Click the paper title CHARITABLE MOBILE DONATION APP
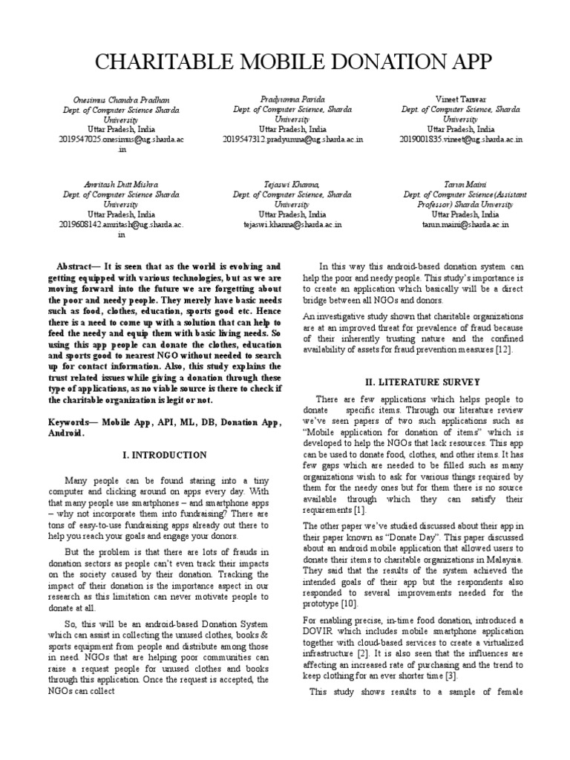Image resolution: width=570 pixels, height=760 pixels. [x=284, y=62]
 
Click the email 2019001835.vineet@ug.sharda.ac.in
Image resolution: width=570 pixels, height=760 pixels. [x=461, y=139]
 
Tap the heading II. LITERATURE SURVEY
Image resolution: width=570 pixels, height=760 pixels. [x=416, y=381]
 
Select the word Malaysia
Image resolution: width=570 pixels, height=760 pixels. [x=502, y=557]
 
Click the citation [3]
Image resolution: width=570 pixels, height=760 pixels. [x=450, y=676]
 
